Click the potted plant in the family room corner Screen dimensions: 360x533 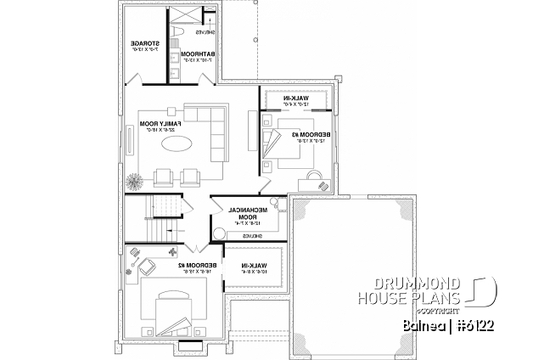(x=133, y=181)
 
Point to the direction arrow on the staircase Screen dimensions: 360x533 (x=172, y=230)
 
